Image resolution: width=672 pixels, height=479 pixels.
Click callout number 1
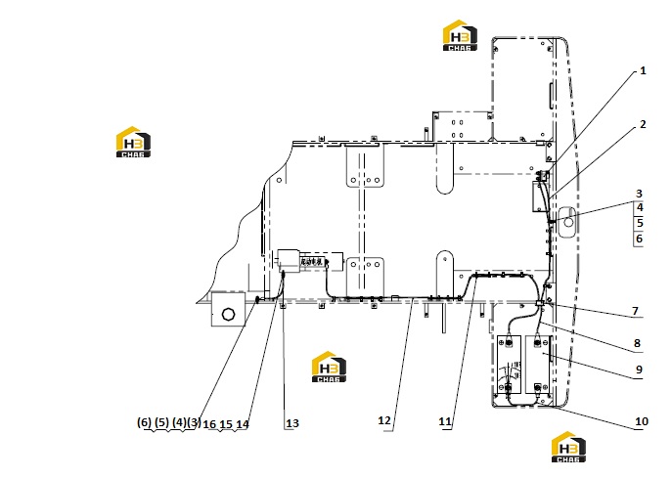coord(643,70)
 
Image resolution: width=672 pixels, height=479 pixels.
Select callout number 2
coord(643,124)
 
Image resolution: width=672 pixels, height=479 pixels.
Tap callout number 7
coord(635,311)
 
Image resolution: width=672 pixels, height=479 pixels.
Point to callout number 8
coord(637,343)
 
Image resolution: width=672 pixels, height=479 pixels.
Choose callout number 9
coord(639,370)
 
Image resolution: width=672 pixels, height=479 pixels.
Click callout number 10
coord(641,421)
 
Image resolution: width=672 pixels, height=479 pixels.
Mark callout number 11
coord(445,421)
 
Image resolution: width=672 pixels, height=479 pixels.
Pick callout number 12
coord(384,420)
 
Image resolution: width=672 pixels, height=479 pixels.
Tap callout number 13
coord(291,423)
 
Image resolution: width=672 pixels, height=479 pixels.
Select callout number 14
coord(243,424)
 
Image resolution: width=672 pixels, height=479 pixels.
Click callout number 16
coord(209,424)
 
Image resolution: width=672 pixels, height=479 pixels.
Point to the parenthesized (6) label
coord(144,422)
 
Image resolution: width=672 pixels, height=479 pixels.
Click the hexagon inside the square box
coord(229,314)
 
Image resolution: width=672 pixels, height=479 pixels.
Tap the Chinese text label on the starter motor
coord(311,261)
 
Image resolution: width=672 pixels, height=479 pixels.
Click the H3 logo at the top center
coord(460,35)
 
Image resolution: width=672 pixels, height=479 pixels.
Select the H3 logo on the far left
coord(133,142)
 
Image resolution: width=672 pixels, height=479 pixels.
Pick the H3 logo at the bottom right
coord(568,447)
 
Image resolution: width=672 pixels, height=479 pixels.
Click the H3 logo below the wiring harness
coord(329,367)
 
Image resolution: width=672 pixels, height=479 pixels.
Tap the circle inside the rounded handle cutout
coord(568,222)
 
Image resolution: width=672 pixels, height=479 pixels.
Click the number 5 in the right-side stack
coord(640,223)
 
